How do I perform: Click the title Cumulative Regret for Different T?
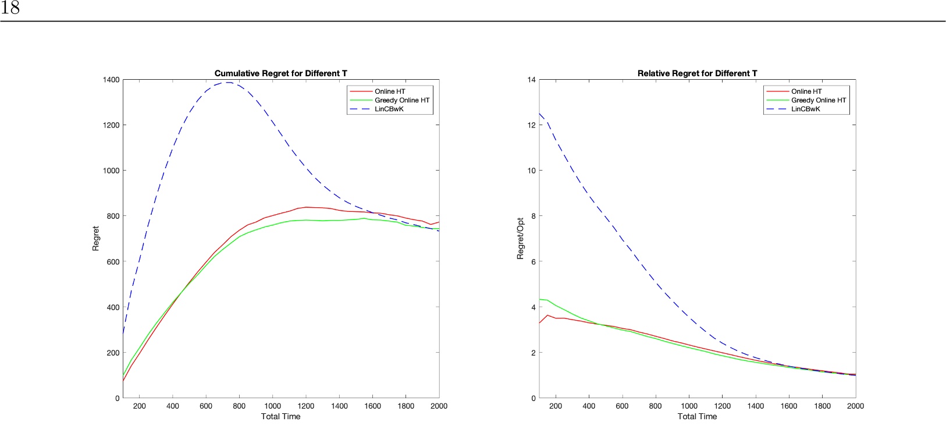tap(280, 73)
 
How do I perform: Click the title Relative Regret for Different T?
tap(697, 73)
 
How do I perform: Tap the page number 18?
tap(10, 8)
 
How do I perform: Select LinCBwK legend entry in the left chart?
tap(389, 109)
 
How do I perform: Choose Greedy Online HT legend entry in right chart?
tap(818, 100)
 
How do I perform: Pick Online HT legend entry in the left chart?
tap(389, 91)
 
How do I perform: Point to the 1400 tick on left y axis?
tap(111, 80)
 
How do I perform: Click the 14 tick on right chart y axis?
tap(531, 80)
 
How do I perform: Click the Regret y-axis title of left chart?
tap(96, 239)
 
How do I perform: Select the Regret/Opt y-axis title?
tap(521, 239)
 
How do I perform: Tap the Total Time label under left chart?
tap(280, 416)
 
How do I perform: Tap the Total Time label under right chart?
tap(697, 416)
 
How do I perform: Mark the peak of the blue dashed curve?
tap(228, 82)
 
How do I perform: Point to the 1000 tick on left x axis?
tap(272, 406)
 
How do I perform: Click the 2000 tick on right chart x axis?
tap(855, 406)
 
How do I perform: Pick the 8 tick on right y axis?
tap(533, 216)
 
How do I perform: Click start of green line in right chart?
tap(540, 299)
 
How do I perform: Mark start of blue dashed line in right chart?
tap(540, 114)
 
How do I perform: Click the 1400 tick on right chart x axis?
tap(755, 406)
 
